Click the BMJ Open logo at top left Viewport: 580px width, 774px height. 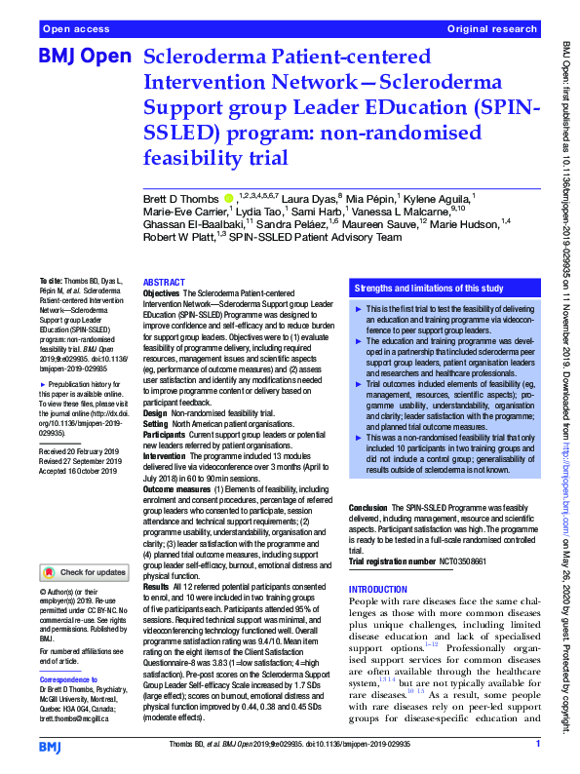coord(83,58)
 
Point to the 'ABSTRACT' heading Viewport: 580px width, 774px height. coord(170,281)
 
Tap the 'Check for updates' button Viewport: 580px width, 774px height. coord(86,571)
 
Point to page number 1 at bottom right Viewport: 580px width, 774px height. coord(537,746)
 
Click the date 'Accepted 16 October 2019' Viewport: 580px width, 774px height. coord(85,472)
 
